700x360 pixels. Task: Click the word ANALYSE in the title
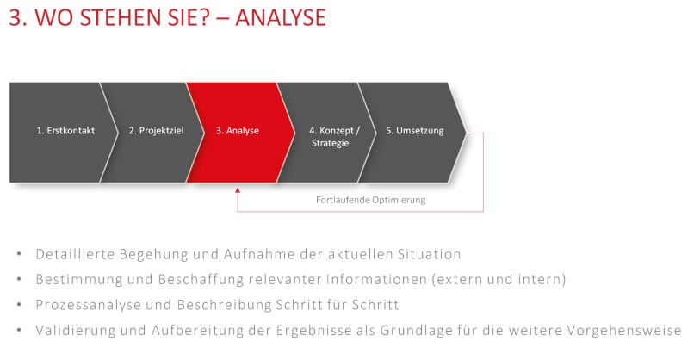(281, 17)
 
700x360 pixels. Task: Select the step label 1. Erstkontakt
(65, 131)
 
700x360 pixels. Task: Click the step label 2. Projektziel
(156, 131)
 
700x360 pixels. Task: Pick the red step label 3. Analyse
(238, 131)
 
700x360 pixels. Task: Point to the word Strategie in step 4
(331, 143)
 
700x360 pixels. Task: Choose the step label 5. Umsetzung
(415, 131)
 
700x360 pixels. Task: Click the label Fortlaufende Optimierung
(370, 200)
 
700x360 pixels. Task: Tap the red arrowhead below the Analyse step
(238, 190)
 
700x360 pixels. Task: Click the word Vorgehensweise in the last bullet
(624, 331)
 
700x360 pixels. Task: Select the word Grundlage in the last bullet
(417, 331)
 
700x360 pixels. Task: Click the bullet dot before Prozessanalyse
(19, 305)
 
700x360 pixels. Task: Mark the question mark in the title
(202, 17)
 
